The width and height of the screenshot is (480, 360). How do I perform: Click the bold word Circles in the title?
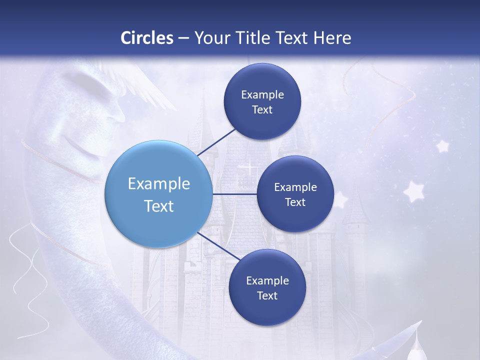pyautogui.click(x=147, y=38)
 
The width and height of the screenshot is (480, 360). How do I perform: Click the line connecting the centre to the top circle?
pyautogui.click(x=217, y=141)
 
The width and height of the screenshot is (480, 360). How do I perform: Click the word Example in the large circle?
pyautogui.click(x=158, y=183)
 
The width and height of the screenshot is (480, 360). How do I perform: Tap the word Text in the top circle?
pyautogui.click(x=262, y=110)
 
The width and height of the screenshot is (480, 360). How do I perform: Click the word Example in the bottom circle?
pyautogui.click(x=267, y=280)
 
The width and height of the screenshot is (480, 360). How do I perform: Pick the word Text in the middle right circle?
pyautogui.click(x=295, y=202)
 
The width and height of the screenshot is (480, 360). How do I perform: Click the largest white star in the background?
pyautogui.click(x=414, y=191)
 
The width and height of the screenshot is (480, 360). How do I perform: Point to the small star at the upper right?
pyautogui.click(x=442, y=146)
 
